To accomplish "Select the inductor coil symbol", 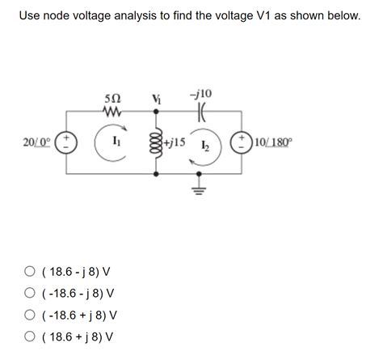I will point(157,143).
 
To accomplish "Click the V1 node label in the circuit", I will point(157,99).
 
